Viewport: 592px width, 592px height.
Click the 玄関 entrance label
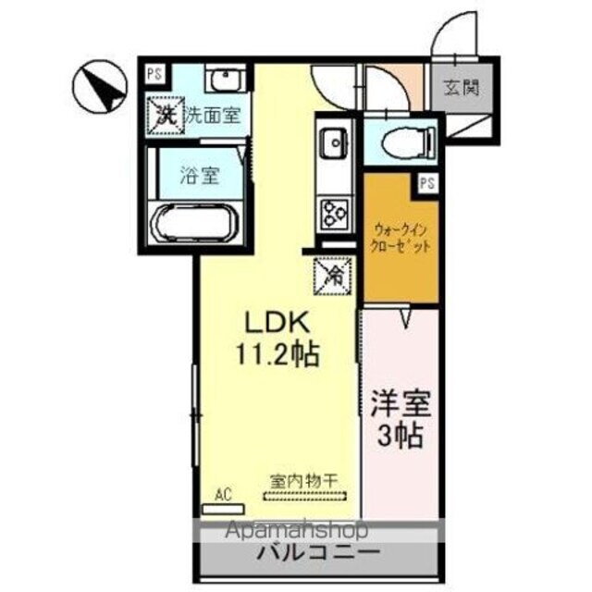click(x=460, y=90)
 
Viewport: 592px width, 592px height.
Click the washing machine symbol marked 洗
click(x=165, y=116)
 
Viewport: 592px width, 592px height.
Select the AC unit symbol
click(x=228, y=508)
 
